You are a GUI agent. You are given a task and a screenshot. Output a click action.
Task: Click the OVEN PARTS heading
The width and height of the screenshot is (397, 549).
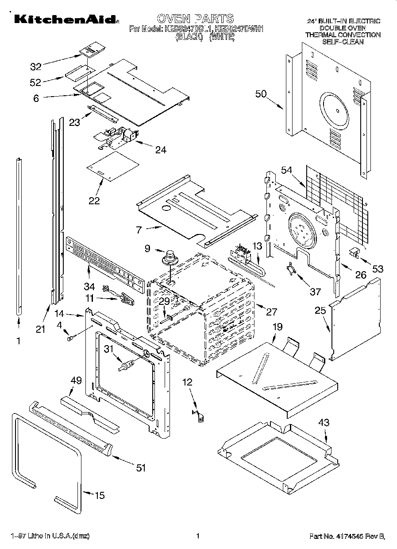coord(195,18)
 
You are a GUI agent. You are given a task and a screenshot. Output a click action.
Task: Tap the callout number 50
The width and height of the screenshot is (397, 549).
coord(261,93)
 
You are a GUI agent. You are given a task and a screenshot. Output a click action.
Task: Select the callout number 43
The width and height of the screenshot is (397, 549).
coord(324,423)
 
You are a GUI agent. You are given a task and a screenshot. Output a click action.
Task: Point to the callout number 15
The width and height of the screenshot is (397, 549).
coord(100,495)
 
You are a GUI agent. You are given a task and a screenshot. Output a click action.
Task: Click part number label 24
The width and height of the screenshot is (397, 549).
coord(161,150)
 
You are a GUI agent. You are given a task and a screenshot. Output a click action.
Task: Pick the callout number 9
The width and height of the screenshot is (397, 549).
coord(148,249)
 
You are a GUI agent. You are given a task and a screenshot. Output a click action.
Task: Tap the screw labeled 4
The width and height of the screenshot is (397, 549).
coord(70,339)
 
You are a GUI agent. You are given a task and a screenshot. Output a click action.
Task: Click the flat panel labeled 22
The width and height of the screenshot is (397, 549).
coord(113,166)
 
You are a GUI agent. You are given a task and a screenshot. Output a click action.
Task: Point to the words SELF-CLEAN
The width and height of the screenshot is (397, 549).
coord(343,42)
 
